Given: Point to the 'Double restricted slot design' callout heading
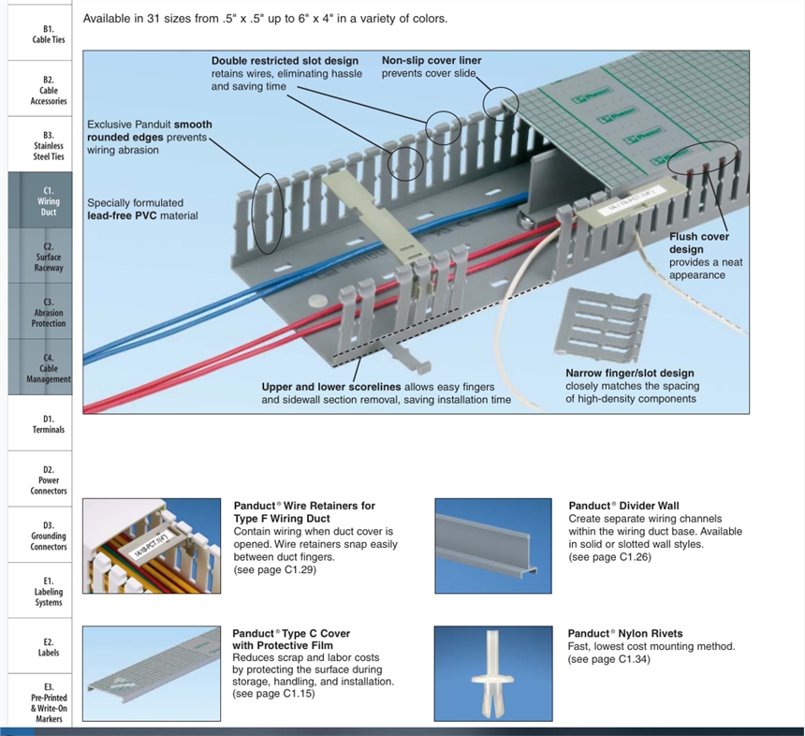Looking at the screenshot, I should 284,61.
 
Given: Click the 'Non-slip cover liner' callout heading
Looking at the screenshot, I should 431,61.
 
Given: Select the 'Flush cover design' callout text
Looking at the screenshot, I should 698,243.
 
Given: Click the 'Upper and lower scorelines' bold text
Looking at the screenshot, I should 331,387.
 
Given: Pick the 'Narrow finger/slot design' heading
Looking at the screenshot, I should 629,374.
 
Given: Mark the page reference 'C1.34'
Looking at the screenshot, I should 632,659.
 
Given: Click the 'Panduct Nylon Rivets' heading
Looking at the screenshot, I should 624,633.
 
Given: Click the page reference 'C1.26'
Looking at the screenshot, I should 633,557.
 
